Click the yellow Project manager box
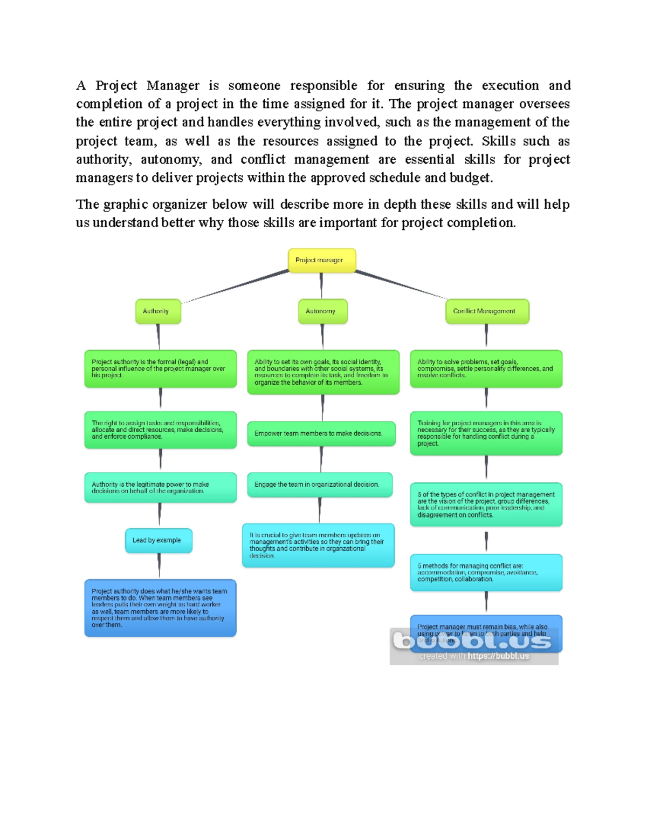[x=322, y=260]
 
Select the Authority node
[x=158, y=311]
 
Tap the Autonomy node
[x=322, y=311]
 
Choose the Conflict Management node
[x=487, y=311]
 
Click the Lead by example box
[x=159, y=540]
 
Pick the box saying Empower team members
[x=321, y=433]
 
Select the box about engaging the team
[x=320, y=485]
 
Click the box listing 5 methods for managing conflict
[x=486, y=573]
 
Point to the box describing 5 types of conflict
[x=486, y=505]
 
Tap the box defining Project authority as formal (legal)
[x=160, y=369]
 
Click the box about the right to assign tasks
[x=160, y=430]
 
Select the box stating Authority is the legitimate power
[x=160, y=488]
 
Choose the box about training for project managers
[x=486, y=433]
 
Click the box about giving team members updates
[x=318, y=545]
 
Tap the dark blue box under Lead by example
[x=160, y=608]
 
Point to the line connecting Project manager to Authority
[x=237, y=286]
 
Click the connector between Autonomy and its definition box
[x=322, y=337]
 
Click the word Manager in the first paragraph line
[x=173, y=86]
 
